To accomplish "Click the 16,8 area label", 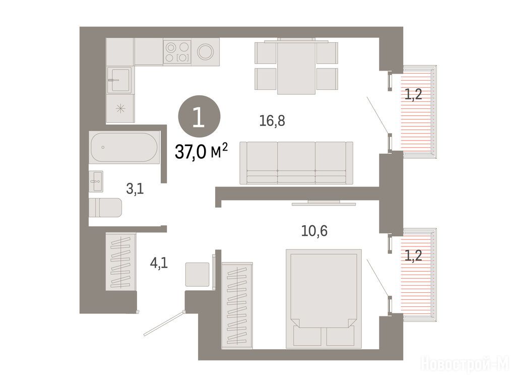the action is [272, 121].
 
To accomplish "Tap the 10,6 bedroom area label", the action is [314, 231].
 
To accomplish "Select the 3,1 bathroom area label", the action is [135, 189].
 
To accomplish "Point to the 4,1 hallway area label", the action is [159, 263].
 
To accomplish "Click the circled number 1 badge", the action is [199, 116].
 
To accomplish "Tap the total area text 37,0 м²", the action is [201, 152].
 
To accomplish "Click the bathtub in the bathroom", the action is [124, 147].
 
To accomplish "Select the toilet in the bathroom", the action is [105, 208].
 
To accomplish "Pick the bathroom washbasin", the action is [96, 181].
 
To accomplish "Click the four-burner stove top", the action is [177, 52].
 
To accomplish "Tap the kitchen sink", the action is [120, 80].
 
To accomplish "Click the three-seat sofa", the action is [296, 163].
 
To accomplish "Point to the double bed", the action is [324, 299].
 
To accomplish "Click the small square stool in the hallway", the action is [197, 275].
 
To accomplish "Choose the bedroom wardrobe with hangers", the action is [237, 305].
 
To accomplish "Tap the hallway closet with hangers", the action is [121, 262].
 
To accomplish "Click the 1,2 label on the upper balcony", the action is [413, 95].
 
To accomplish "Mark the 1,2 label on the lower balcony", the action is [413, 255].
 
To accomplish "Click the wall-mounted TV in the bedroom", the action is [324, 203].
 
